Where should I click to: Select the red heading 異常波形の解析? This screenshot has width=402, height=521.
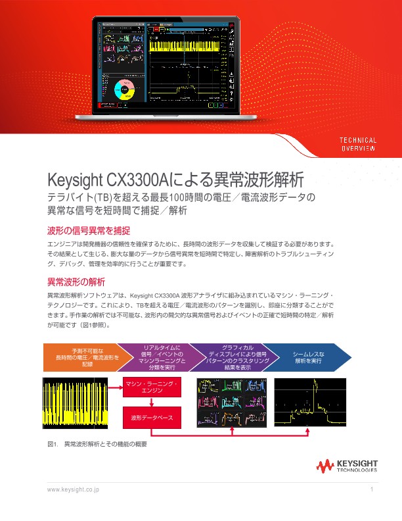pos(76,282)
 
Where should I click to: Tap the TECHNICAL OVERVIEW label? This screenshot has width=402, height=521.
pos(357,144)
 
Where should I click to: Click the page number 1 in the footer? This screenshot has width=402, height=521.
pos(372,490)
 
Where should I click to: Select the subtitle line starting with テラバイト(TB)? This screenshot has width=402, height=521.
pos(181,197)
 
